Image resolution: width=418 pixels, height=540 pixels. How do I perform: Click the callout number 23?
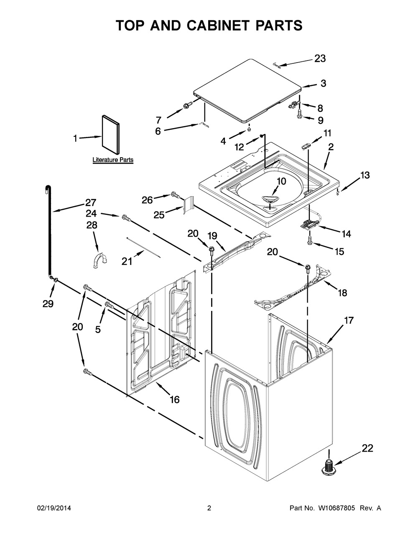pos(320,59)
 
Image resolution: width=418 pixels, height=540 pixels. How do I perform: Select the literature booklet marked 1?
pos(111,134)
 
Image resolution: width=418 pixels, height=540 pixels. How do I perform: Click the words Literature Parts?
pos(113,160)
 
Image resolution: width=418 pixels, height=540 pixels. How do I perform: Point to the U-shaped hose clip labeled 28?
pos(100,260)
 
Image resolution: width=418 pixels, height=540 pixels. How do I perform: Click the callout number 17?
pos(349,320)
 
